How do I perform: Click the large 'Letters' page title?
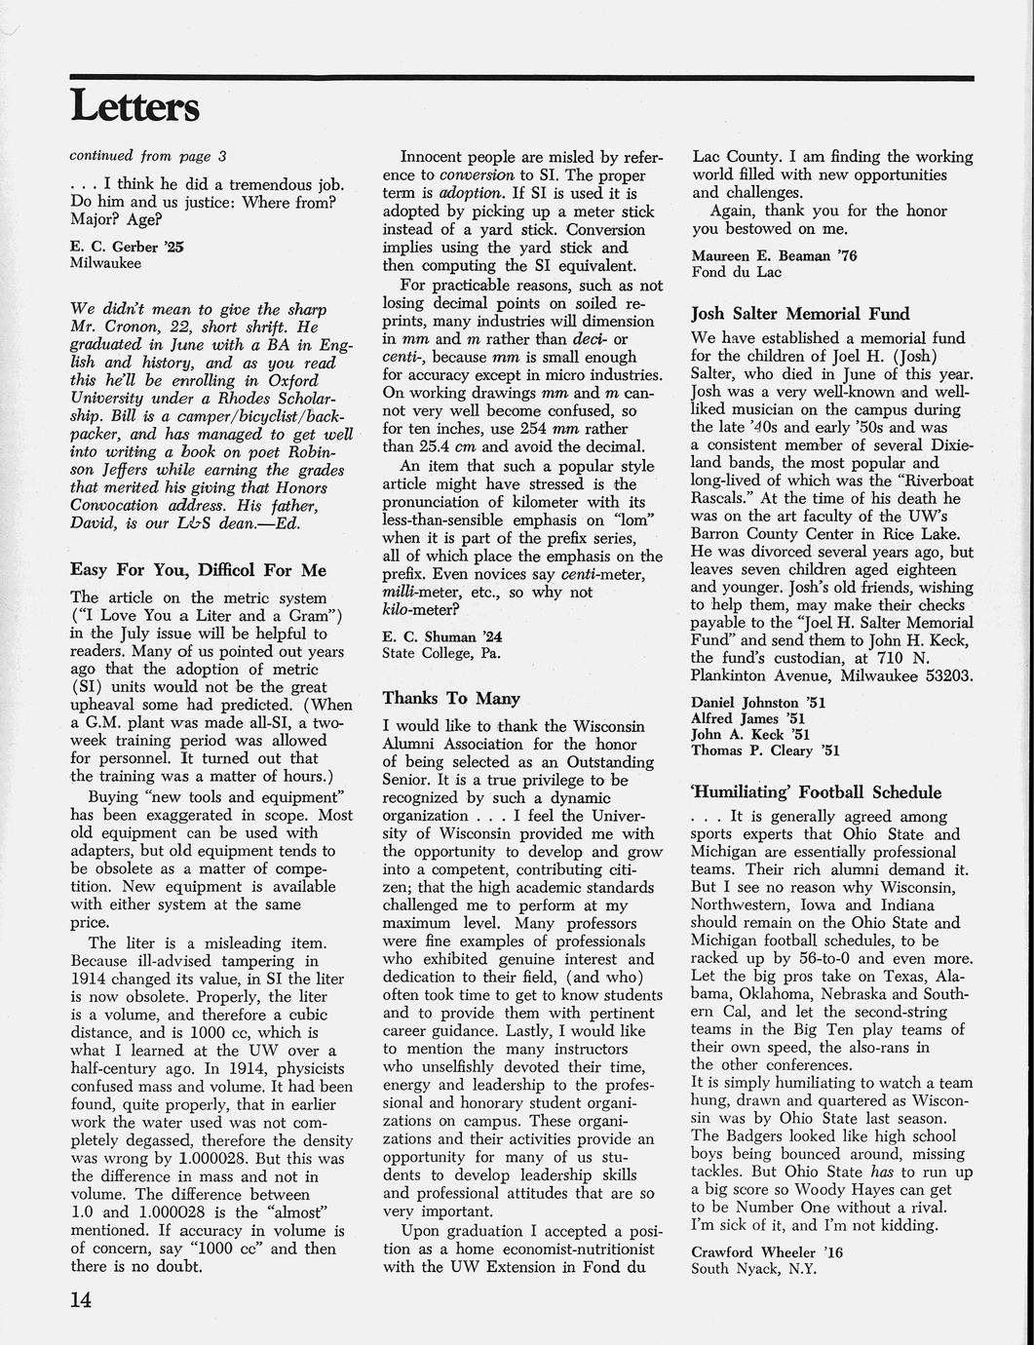(x=134, y=106)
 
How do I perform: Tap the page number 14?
(x=86, y=1300)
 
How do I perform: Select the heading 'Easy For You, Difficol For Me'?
(x=198, y=570)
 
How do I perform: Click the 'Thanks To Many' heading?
(x=451, y=698)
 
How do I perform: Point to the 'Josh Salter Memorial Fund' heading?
(x=800, y=313)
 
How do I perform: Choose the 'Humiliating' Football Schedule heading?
(x=816, y=791)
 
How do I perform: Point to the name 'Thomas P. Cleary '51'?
(x=765, y=750)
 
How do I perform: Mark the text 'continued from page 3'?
(x=148, y=155)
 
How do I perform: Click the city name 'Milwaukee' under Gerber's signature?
(x=105, y=263)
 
